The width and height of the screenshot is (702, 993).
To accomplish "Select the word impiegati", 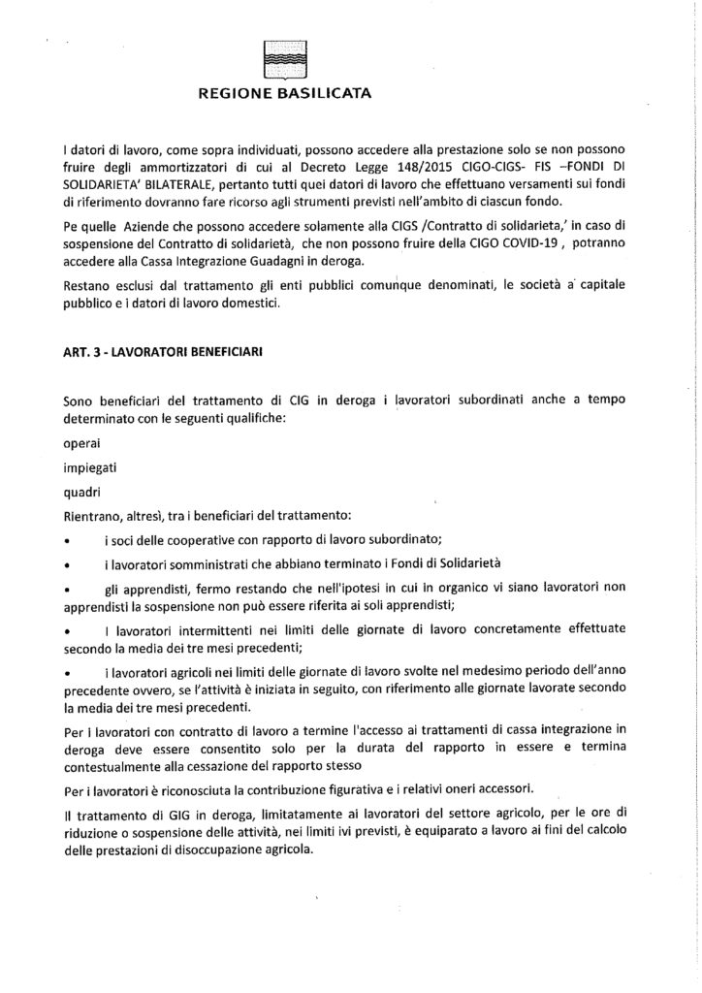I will tap(87, 467).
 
